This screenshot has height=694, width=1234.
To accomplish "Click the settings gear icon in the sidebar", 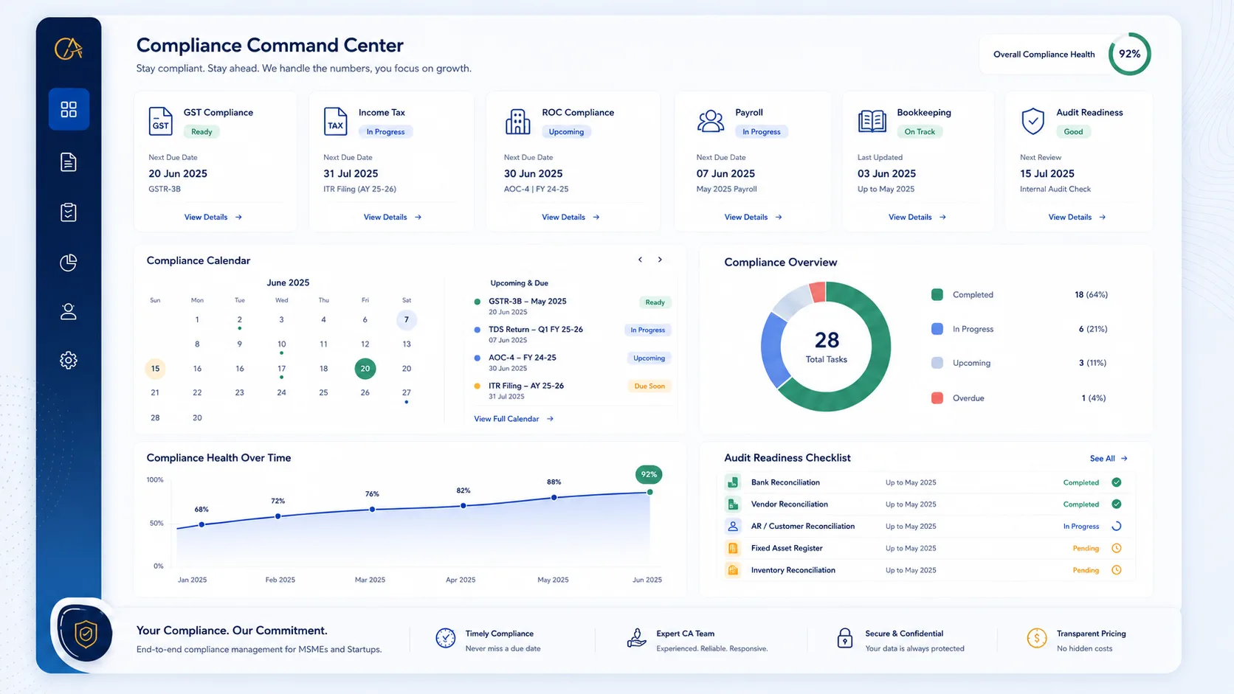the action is (69, 361).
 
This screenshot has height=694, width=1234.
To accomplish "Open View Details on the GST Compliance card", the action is (213, 217).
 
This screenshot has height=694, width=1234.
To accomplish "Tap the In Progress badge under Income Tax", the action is (385, 131).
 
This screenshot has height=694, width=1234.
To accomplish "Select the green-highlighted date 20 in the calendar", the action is (365, 369).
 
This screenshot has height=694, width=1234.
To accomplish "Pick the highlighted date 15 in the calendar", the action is (155, 369).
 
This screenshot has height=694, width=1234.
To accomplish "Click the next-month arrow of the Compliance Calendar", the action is (660, 259).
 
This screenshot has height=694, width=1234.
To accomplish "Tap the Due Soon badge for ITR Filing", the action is (649, 386).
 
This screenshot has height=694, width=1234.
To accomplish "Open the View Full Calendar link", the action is (514, 419).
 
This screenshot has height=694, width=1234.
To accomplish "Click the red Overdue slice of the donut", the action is (818, 292).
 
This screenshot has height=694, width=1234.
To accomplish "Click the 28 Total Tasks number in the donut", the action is (827, 340).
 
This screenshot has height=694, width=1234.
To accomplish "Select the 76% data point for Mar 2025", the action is (373, 509).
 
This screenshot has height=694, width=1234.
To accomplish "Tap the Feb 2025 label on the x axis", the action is (280, 580).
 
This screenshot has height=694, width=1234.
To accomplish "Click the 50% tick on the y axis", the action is (156, 523).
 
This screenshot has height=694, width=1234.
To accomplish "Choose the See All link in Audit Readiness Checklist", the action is (1109, 459).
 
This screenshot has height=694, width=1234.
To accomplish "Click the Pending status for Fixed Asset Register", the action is (1086, 548).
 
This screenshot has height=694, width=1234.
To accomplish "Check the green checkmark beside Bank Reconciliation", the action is (1117, 482).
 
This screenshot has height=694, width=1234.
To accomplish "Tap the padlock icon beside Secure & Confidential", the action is (844, 638).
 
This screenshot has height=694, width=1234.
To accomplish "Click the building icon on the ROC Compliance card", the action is (518, 121).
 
